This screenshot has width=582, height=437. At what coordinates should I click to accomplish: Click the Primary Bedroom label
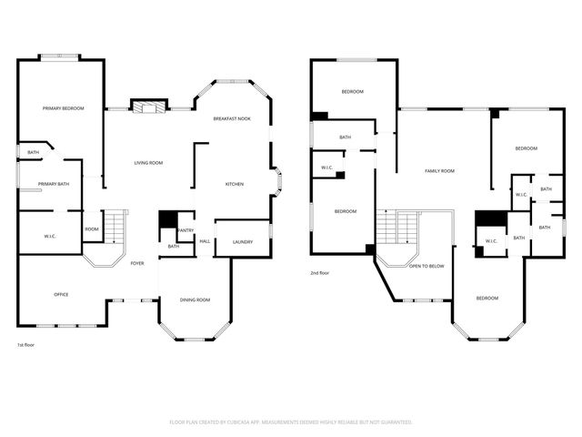tap(63, 108)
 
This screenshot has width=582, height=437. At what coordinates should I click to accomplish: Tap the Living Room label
tap(148, 162)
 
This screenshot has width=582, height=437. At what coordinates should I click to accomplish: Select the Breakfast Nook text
tap(232, 119)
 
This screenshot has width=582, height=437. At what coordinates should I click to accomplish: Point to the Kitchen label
tap(235, 185)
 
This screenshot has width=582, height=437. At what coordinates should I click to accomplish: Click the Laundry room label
tap(243, 241)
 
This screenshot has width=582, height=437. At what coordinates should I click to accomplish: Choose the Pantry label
tap(186, 230)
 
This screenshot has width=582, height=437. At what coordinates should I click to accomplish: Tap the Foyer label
tap(137, 263)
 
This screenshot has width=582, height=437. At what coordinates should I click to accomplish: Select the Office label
tap(61, 294)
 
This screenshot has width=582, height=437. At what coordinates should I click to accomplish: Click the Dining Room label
tap(195, 300)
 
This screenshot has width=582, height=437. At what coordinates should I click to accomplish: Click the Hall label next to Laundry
tap(205, 241)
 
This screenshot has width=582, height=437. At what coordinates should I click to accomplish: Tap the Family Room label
tap(439, 170)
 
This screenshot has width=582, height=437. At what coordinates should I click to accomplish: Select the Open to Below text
tap(426, 266)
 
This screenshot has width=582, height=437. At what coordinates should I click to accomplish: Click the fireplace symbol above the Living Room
tap(149, 107)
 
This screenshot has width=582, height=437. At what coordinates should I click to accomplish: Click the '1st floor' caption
tap(26, 345)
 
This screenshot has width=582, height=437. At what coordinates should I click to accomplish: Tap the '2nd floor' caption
tap(319, 272)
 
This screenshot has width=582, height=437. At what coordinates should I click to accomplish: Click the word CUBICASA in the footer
tap(256, 422)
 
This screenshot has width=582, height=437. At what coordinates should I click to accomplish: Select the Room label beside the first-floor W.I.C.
tap(92, 229)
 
